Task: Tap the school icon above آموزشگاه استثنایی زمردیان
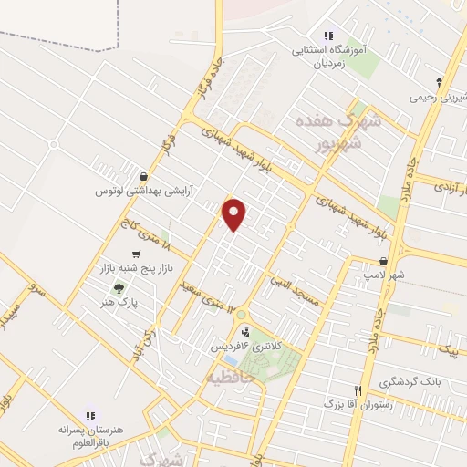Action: coord(328,36)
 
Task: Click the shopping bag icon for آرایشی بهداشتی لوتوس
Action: coord(143,177)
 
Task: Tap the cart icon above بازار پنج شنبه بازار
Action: coord(136,254)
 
